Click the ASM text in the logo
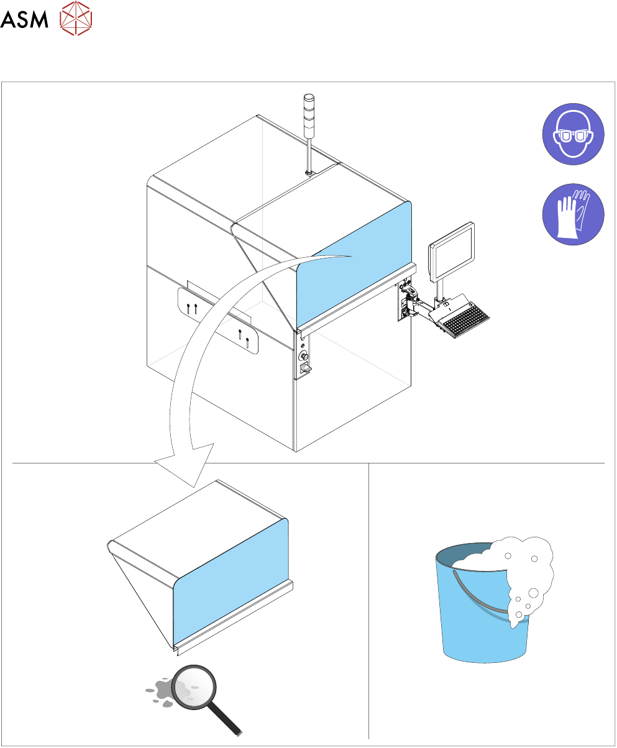click(24, 19)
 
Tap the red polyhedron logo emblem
click(76, 18)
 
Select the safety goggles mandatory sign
click(573, 134)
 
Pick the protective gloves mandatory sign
click(573, 214)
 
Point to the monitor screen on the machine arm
click(452, 252)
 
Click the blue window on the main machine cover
click(354, 265)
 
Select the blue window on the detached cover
click(231, 583)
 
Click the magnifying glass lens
click(194, 687)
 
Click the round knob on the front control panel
click(303, 356)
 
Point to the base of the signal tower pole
click(308, 173)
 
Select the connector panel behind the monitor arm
click(403, 300)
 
